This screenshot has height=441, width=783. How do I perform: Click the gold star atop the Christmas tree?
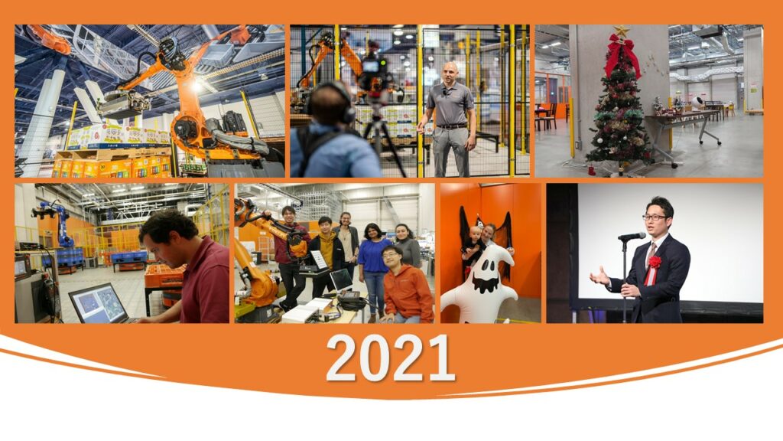point(621,31)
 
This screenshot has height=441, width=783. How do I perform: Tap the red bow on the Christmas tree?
point(622,54)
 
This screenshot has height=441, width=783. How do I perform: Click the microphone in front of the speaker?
point(632,236)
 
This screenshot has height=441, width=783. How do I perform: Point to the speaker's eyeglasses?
point(655,217)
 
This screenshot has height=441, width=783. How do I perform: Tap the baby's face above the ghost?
point(476,235)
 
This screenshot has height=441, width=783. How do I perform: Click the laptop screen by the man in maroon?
point(99,302)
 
